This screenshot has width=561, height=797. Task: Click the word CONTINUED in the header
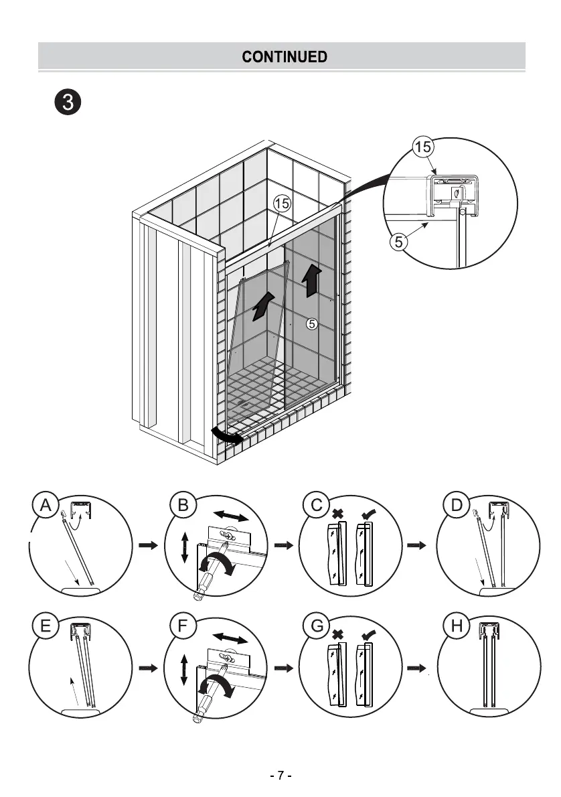[x=285, y=57]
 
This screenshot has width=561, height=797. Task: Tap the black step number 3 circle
[x=68, y=103]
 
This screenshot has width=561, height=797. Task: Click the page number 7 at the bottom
[x=281, y=776]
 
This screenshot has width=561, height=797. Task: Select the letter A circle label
[x=46, y=506]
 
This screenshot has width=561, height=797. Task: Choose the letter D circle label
[x=457, y=506]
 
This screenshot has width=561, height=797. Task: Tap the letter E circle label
[x=46, y=627]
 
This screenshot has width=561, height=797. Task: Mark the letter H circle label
[x=457, y=627]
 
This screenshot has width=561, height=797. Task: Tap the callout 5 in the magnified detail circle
[x=398, y=242]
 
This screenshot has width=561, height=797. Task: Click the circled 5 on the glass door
[x=311, y=324]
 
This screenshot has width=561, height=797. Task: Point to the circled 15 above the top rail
[x=282, y=203]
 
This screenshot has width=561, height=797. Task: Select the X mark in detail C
[x=339, y=514]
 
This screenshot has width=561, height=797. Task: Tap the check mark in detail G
[x=368, y=633]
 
